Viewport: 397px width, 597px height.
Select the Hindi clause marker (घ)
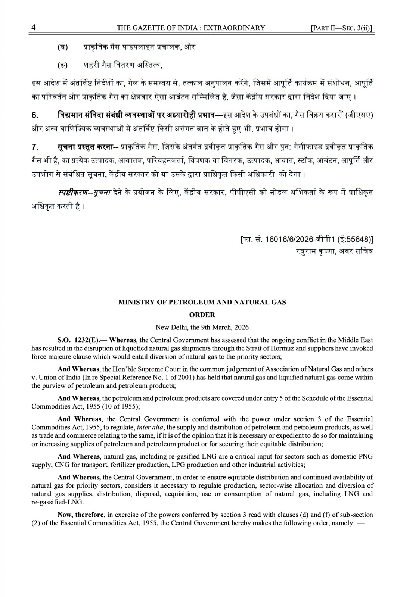click(62, 47)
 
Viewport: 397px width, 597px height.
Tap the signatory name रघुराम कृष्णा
click(316, 251)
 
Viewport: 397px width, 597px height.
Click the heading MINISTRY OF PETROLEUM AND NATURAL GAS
click(202, 302)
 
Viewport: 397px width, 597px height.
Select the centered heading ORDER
click(202, 315)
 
